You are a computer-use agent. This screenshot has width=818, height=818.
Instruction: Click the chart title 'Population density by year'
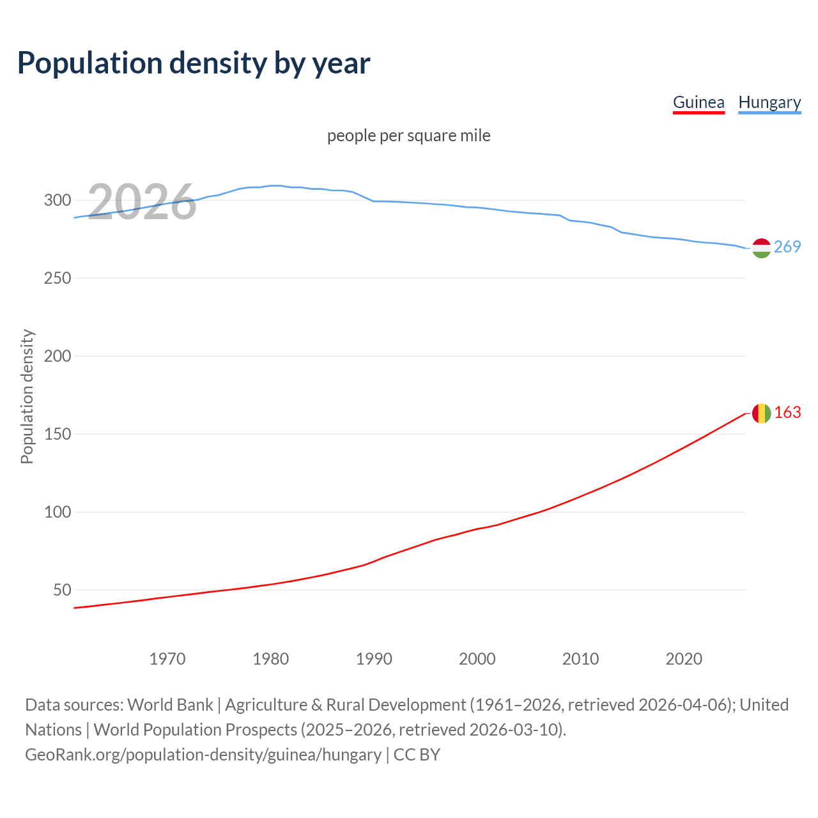point(194,63)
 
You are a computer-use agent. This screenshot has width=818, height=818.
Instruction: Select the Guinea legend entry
point(698,102)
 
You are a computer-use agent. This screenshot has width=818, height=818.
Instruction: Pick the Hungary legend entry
point(769,102)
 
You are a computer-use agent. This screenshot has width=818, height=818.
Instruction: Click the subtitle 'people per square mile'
point(409,135)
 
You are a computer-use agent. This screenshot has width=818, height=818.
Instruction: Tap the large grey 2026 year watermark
point(142,202)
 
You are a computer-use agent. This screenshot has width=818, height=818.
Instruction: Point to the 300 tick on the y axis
point(57,200)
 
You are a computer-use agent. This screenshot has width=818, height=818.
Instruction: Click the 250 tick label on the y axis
point(57,278)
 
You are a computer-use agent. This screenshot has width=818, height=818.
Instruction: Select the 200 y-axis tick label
point(57,356)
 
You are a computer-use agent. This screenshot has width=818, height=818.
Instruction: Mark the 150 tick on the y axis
point(57,434)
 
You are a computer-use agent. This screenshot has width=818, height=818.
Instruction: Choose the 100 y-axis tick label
point(57,512)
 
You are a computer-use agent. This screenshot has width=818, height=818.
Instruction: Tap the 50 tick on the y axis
point(62,590)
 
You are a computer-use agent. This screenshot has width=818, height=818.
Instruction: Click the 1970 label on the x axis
point(167,659)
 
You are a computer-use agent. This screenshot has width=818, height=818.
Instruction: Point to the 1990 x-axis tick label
point(374,659)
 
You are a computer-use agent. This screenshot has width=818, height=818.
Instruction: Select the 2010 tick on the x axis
point(580,659)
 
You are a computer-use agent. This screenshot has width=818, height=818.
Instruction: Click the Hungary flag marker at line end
point(761,248)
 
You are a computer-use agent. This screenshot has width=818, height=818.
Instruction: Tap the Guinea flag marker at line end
point(761,413)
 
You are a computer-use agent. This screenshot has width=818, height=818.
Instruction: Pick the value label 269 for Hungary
point(787,247)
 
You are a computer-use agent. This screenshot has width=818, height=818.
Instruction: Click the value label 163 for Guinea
point(787,412)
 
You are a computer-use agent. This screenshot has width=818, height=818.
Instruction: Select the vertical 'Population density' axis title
point(27,396)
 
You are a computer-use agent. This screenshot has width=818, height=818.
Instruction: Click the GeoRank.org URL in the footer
point(203,754)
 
